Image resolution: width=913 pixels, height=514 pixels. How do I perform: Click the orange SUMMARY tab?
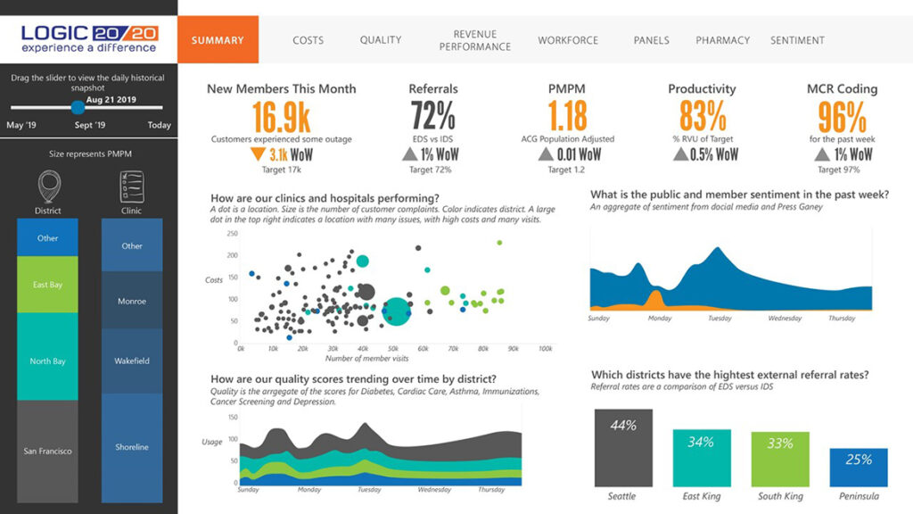pyautogui.click(x=218, y=40)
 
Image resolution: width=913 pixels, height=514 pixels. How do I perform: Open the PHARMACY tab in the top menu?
pyautogui.click(x=721, y=40)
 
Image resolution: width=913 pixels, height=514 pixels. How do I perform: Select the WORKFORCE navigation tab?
pyautogui.click(x=568, y=40)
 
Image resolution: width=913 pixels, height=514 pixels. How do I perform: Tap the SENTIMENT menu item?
pyautogui.click(x=797, y=40)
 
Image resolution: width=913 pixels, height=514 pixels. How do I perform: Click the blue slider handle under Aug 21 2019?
pyautogui.click(x=78, y=108)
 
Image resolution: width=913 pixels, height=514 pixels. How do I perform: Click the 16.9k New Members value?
pyautogui.click(x=281, y=116)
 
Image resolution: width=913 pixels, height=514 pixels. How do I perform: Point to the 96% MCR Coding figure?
pyautogui.click(x=842, y=116)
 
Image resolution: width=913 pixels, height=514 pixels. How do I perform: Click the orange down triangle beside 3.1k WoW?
pyautogui.click(x=258, y=153)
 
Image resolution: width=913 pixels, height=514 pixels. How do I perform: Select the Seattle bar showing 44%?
pyautogui.click(x=622, y=446)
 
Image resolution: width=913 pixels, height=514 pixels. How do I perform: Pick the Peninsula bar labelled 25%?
pyautogui.click(x=858, y=467)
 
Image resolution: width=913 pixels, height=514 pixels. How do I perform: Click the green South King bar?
pyautogui.click(x=780, y=459)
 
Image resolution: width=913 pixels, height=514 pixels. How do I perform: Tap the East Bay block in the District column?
pyautogui.click(x=47, y=285)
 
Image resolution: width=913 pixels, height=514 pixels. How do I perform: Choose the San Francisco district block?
pyautogui.click(x=47, y=451)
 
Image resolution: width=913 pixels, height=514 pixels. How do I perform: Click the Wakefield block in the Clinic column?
pyautogui.click(x=132, y=361)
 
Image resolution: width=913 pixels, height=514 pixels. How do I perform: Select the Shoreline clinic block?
pyautogui.click(x=132, y=446)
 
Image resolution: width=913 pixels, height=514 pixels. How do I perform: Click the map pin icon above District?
pyautogui.click(x=47, y=188)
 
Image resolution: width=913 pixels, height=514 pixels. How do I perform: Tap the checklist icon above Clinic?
pyautogui.click(x=132, y=188)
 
